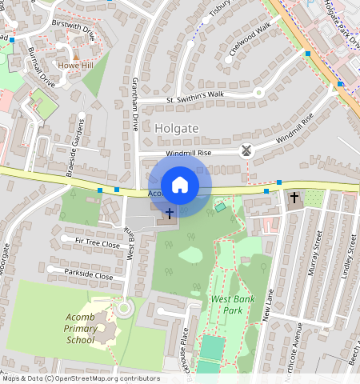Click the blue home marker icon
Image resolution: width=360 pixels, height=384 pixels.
click(180, 185)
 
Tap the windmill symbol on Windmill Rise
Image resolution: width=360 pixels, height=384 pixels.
click(246, 150)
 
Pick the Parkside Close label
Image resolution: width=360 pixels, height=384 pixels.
click(88, 274)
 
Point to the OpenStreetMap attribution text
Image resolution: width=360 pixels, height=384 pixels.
click(81, 378)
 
